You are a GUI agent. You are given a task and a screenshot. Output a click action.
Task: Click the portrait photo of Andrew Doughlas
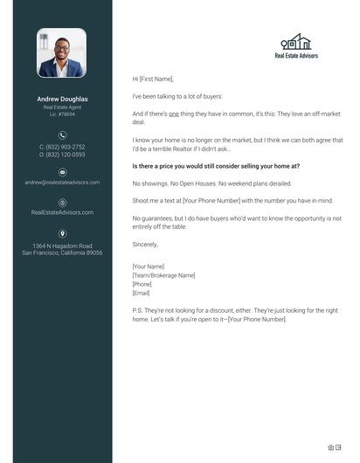[62, 53]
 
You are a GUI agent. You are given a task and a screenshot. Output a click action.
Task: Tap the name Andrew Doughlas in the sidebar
[62, 99]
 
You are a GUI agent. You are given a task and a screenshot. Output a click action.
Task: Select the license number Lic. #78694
[62, 114]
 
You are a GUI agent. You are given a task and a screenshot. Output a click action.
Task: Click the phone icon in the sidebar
[62, 135]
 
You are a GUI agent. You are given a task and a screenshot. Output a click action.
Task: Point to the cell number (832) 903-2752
[62, 147]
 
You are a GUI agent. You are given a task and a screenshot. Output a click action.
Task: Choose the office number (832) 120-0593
[62, 155]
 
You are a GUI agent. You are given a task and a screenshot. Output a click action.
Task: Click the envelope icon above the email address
[62, 173]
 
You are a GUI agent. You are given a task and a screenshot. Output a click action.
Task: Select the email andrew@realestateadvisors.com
[62, 183]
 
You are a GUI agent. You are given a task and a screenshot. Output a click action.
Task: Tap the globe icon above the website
[62, 203]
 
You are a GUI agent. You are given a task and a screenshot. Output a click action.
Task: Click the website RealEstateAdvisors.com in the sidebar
[62, 212]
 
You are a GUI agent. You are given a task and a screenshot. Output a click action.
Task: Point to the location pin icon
[62, 233]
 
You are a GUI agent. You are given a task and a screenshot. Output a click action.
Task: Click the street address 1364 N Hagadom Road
[62, 245]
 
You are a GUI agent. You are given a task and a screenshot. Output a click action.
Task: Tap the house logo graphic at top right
[296, 42]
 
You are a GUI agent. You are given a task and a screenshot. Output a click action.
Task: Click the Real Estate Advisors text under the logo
[296, 55]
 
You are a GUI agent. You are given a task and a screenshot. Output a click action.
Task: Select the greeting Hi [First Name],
[153, 79]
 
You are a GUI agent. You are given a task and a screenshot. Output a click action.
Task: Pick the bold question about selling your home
[215, 166]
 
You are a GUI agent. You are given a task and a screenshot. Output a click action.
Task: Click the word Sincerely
[145, 245]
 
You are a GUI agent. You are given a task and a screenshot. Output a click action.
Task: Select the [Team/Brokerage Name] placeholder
[163, 275]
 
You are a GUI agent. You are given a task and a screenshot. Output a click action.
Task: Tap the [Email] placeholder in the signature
[141, 293]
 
